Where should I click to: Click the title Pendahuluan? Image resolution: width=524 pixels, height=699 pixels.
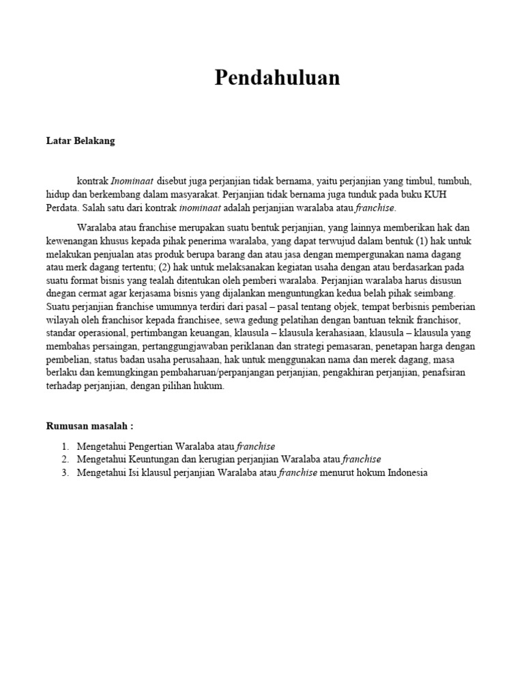coord(277,78)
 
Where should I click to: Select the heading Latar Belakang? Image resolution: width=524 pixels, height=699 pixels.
coord(81,141)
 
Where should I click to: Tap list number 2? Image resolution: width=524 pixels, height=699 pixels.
coord(64,459)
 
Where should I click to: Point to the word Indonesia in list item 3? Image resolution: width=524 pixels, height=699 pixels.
coord(407,472)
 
